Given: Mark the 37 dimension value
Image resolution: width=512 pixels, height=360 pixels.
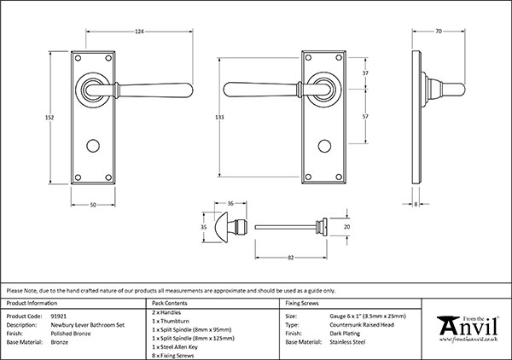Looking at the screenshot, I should [365, 74].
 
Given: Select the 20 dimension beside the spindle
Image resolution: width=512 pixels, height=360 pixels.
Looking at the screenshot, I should [346, 228].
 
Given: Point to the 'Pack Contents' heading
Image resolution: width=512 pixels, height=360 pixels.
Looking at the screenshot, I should [167, 303].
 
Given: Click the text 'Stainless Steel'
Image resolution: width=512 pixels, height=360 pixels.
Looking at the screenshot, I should [350, 342].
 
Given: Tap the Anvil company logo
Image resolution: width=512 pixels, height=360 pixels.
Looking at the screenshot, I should [467, 328].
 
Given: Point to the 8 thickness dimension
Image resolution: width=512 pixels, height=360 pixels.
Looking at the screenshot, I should [415, 206].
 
